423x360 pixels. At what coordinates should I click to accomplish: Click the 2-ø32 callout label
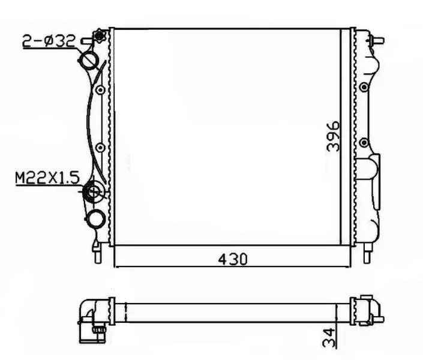click(48, 41)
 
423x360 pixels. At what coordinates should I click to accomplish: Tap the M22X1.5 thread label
click(47, 178)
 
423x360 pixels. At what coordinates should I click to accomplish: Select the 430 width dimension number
click(232, 260)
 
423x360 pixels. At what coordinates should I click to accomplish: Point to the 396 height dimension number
click(333, 136)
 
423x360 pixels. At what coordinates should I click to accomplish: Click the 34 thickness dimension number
click(329, 337)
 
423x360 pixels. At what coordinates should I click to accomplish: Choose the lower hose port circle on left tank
click(95, 218)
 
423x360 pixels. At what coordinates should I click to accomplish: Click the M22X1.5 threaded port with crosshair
click(93, 192)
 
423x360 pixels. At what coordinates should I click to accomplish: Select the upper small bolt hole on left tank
click(100, 90)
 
